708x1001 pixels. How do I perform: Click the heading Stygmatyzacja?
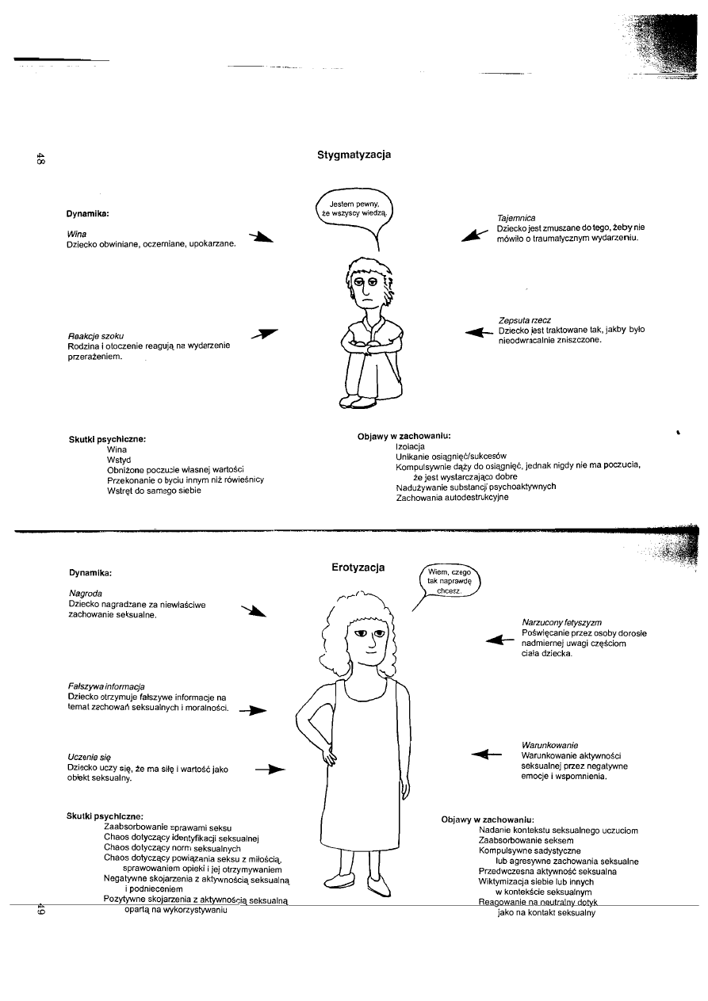(354, 155)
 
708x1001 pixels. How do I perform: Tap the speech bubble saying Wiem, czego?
(449, 582)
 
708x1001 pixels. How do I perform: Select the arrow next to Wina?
(261, 237)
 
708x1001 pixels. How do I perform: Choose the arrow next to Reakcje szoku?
(265, 334)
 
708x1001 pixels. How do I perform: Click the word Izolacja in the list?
(410, 447)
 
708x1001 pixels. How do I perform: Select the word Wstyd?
(118, 460)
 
